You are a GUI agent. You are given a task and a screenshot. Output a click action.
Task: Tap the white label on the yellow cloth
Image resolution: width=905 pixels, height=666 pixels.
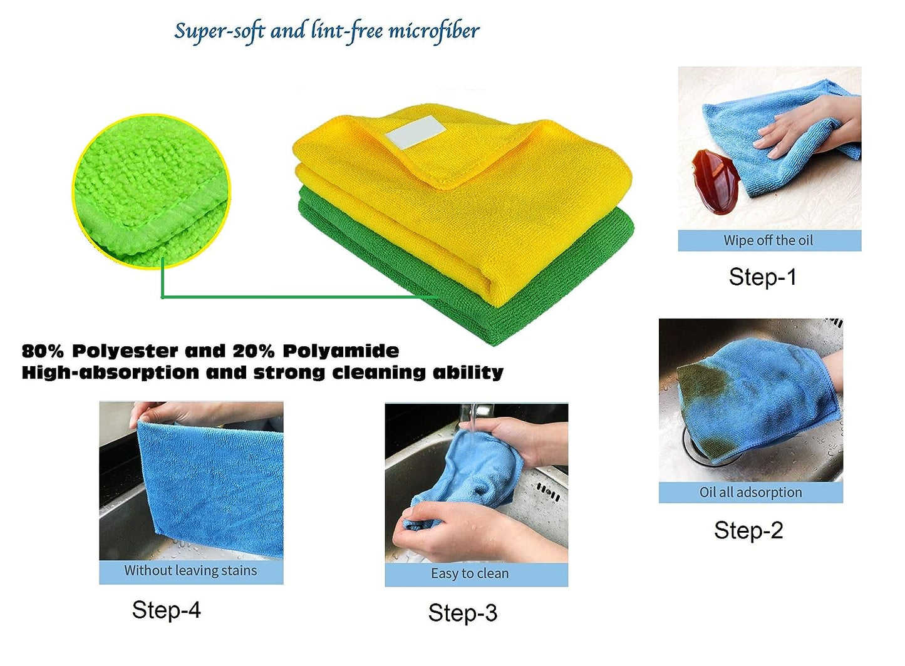tap(416, 132)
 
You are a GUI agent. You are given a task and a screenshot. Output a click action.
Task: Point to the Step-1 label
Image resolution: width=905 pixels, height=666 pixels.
tap(762, 277)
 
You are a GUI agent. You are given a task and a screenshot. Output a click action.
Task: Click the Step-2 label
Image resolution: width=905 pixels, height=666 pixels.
tap(748, 530)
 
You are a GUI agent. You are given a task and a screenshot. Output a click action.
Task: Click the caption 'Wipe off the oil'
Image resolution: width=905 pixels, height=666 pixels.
tap(768, 240)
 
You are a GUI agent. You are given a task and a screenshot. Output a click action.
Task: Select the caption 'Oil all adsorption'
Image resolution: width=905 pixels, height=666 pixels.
tap(751, 493)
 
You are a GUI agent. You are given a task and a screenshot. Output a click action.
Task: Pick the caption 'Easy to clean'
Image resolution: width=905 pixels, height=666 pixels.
tap(470, 573)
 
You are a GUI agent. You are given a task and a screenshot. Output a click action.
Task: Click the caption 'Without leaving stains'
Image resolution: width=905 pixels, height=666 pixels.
tap(190, 570)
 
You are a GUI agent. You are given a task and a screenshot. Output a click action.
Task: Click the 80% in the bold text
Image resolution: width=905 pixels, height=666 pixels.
tap(43, 351)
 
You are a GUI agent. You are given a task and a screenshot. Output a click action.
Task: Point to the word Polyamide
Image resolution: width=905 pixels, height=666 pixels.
tap(341, 351)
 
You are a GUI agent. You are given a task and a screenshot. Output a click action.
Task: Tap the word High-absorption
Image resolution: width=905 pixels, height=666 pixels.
tap(110, 372)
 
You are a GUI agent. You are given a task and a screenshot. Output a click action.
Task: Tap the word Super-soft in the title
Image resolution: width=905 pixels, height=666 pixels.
tap(219, 31)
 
